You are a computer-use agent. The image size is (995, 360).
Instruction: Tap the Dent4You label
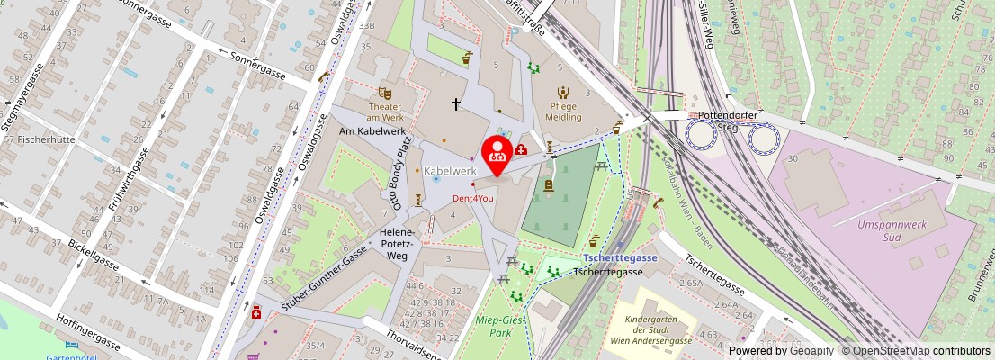pyautogui.click(x=472, y=198)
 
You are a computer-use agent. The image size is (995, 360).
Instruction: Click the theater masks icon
pyautogui.click(x=385, y=92)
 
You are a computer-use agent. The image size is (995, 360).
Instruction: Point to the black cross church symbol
pyautogui.click(x=456, y=104)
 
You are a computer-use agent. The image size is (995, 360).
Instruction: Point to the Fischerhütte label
pyautogui.click(x=39, y=139)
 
